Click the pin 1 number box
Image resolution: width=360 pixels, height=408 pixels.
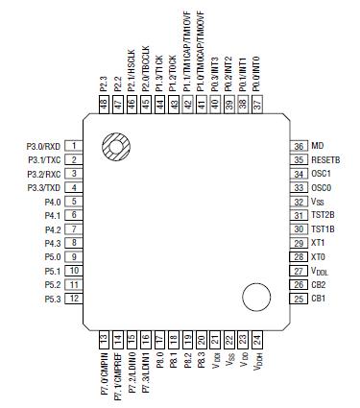coord(74,147)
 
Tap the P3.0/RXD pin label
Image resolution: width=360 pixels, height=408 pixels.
coord(44,147)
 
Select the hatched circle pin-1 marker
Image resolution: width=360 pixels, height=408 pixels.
coord(115,147)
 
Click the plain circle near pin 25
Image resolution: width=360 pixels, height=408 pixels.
coord(254,297)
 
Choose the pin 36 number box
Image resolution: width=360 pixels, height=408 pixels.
coord(300,147)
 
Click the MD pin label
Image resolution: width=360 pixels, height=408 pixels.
coord(317,147)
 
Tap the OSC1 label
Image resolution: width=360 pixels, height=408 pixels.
coord(321,175)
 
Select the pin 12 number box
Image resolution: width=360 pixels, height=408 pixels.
coord(74,299)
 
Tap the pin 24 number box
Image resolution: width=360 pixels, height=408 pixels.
coord(256,339)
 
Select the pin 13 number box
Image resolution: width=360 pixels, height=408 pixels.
coord(104,339)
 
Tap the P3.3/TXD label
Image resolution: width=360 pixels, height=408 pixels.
coord(44,188)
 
